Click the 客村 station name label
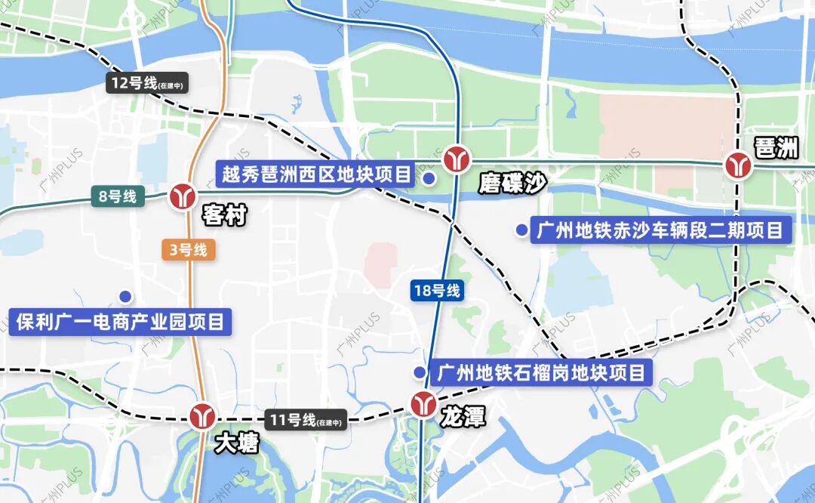click(225, 217)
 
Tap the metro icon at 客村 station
click(183, 196)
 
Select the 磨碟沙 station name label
click(511, 184)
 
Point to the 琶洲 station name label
click(777, 148)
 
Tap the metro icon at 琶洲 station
click(738, 165)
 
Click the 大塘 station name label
click(236, 443)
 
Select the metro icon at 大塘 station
click(202, 416)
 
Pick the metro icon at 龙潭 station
click(423, 405)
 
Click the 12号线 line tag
click(146, 84)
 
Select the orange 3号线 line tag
click(189, 250)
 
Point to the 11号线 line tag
click(306, 421)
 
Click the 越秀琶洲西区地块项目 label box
click(317, 174)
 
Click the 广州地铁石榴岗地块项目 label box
click(541, 372)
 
